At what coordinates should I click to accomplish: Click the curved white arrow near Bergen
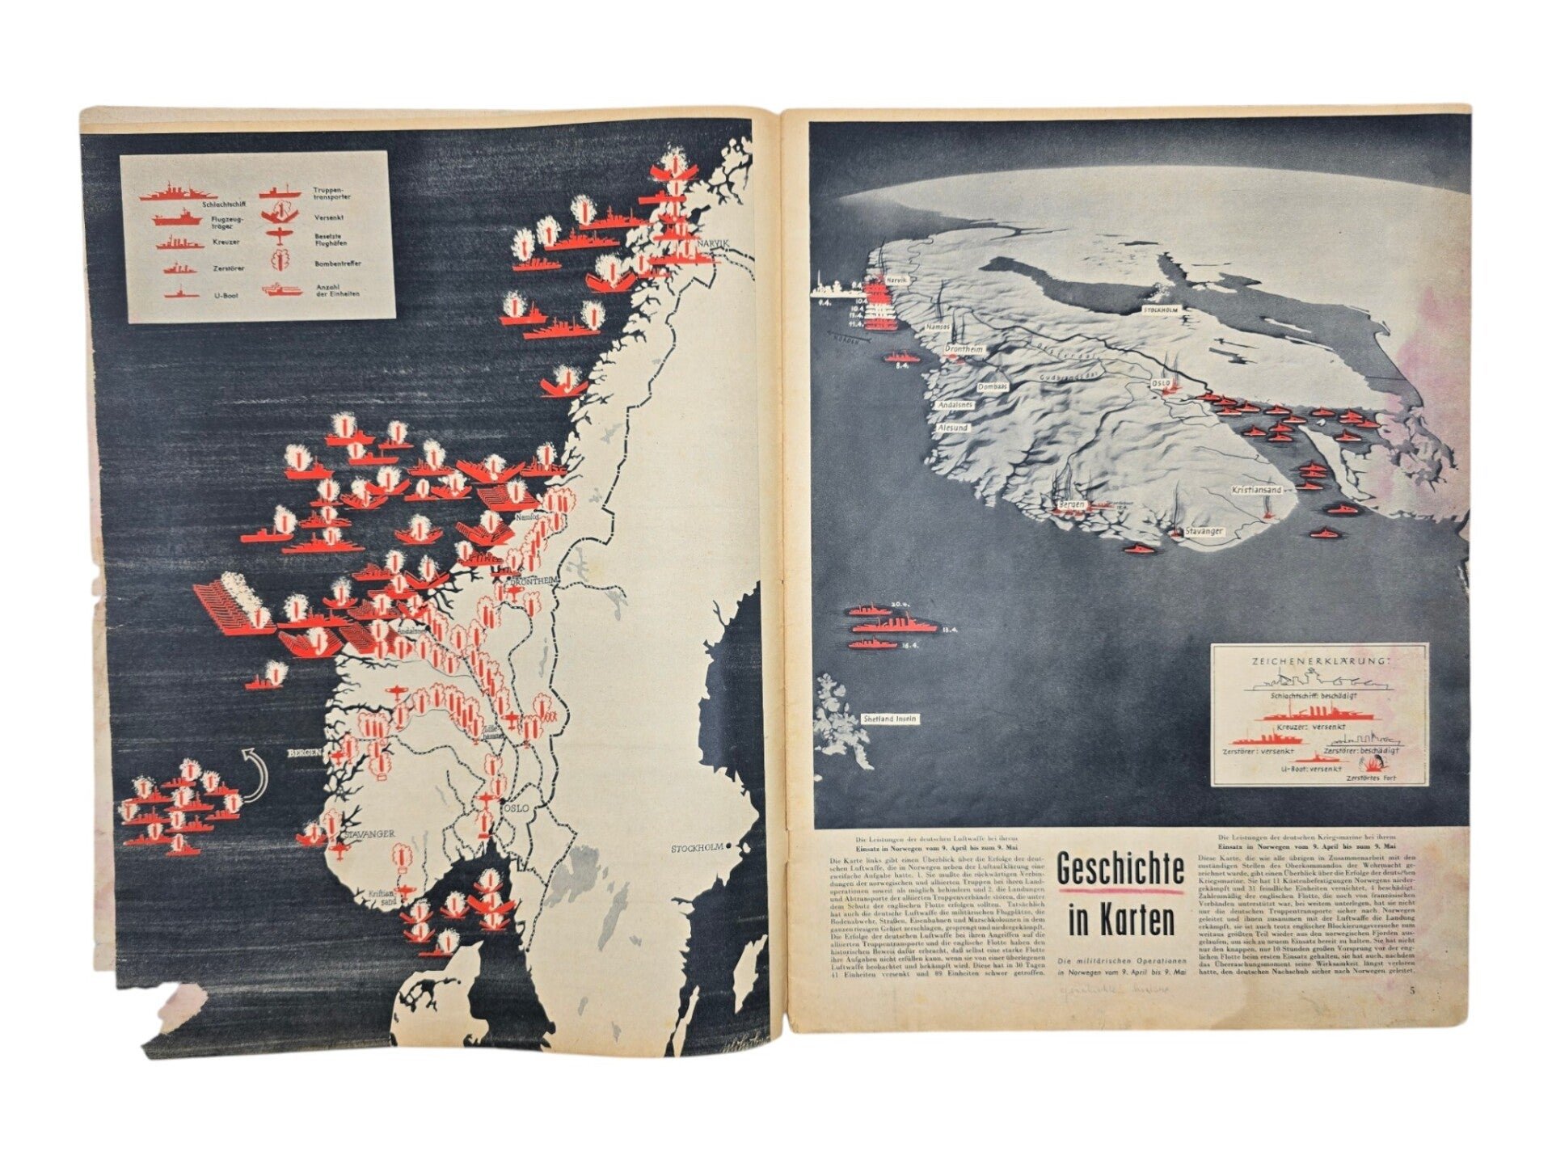(255, 775)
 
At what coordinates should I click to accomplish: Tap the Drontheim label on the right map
(963, 349)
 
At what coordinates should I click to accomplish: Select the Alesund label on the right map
(951, 427)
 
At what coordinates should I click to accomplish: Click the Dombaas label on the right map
(992, 387)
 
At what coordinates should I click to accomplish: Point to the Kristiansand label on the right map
(1257, 490)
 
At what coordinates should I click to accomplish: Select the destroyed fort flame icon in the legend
(1372, 762)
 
